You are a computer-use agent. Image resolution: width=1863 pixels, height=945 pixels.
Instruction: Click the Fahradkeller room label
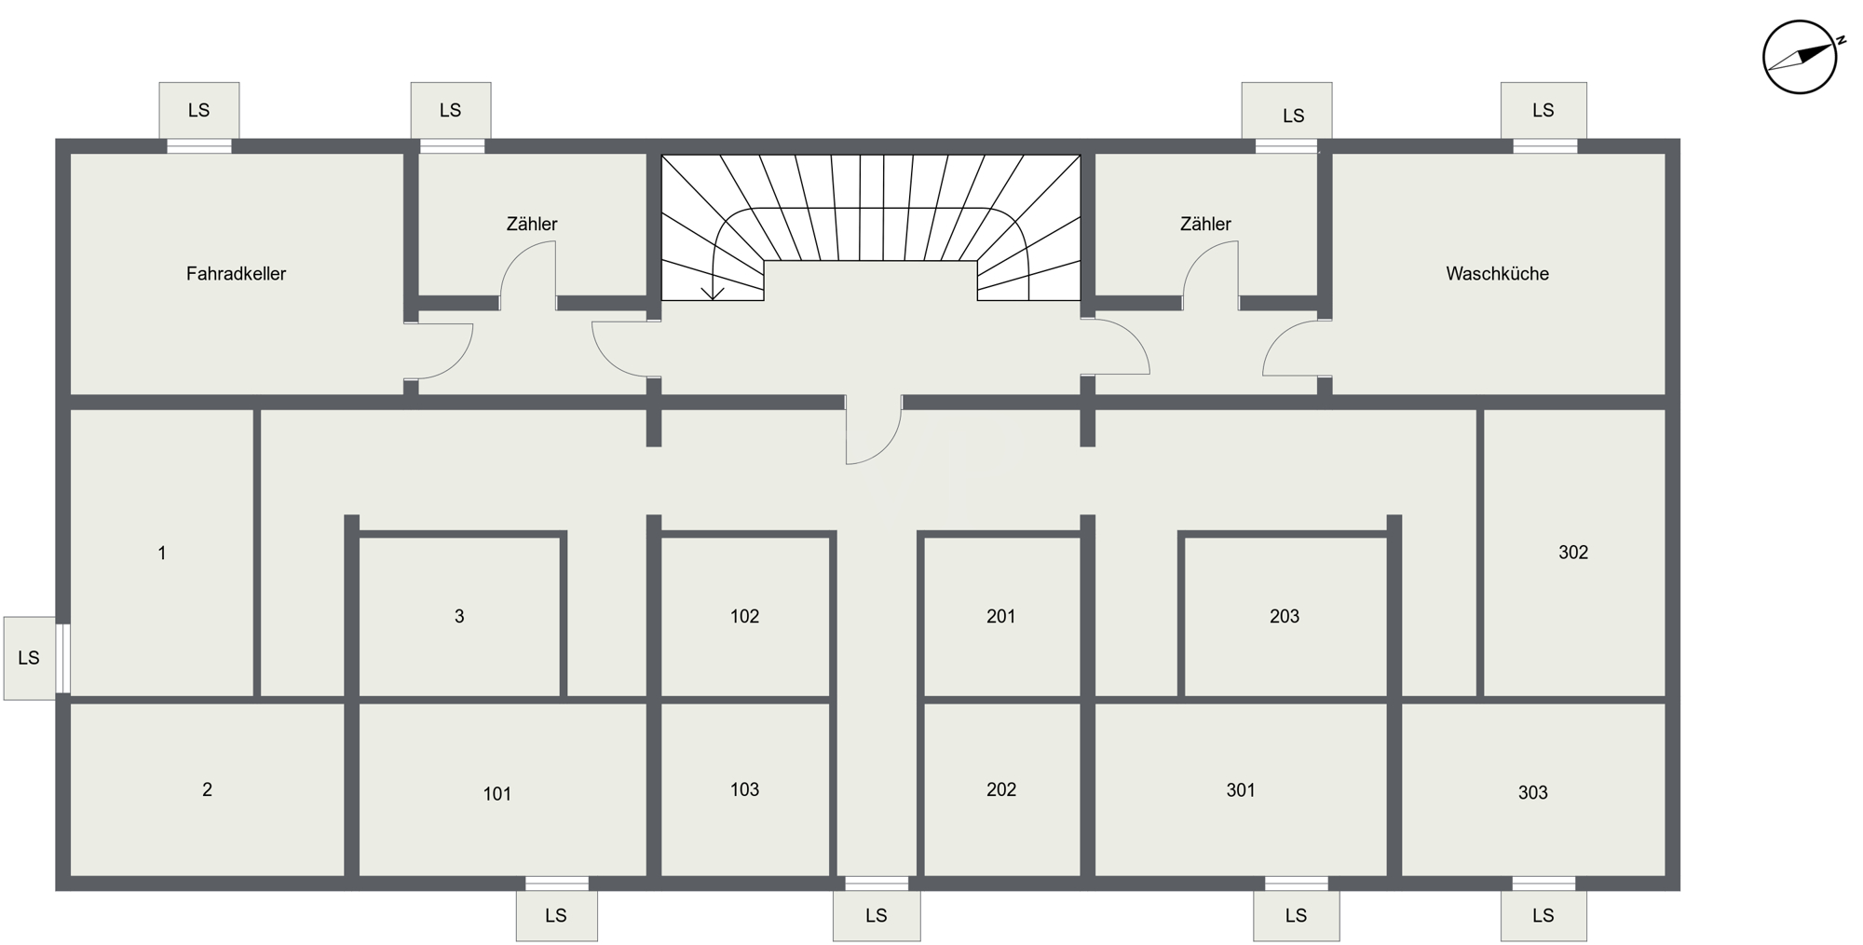click(x=236, y=274)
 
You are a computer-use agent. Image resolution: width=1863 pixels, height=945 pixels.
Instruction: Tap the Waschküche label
click(x=1497, y=274)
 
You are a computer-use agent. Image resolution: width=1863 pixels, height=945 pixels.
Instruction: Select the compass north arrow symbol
click(x=1801, y=57)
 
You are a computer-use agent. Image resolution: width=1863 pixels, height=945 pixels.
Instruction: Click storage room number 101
click(x=497, y=794)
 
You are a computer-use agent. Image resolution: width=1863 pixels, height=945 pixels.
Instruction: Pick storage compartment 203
click(x=1285, y=616)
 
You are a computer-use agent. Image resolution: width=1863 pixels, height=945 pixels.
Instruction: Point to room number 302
click(x=1573, y=553)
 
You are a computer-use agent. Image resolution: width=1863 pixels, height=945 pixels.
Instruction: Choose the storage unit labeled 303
click(x=1533, y=793)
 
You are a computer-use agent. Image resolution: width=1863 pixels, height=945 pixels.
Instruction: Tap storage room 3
click(x=459, y=616)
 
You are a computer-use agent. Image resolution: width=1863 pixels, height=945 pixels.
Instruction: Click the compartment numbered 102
click(x=744, y=616)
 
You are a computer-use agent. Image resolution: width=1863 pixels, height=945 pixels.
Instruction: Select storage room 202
click(x=1001, y=789)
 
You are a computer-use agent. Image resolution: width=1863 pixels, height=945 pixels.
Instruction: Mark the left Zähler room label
click(x=532, y=224)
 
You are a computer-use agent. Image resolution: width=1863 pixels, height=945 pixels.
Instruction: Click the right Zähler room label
click(x=1205, y=224)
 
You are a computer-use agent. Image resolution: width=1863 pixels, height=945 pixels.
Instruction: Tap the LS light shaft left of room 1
click(x=30, y=658)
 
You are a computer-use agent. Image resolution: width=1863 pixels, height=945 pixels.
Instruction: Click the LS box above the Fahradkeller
click(x=199, y=110)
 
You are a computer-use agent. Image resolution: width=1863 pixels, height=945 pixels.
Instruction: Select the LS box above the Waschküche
click(x=1543, y=110)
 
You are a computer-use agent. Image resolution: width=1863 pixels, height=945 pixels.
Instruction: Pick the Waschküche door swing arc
click(x=1278, y=337)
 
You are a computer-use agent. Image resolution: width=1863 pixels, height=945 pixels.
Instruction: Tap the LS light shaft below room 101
click(x=557, y=915)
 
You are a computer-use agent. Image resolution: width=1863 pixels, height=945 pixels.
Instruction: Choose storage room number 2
click(x=207, y=789)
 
